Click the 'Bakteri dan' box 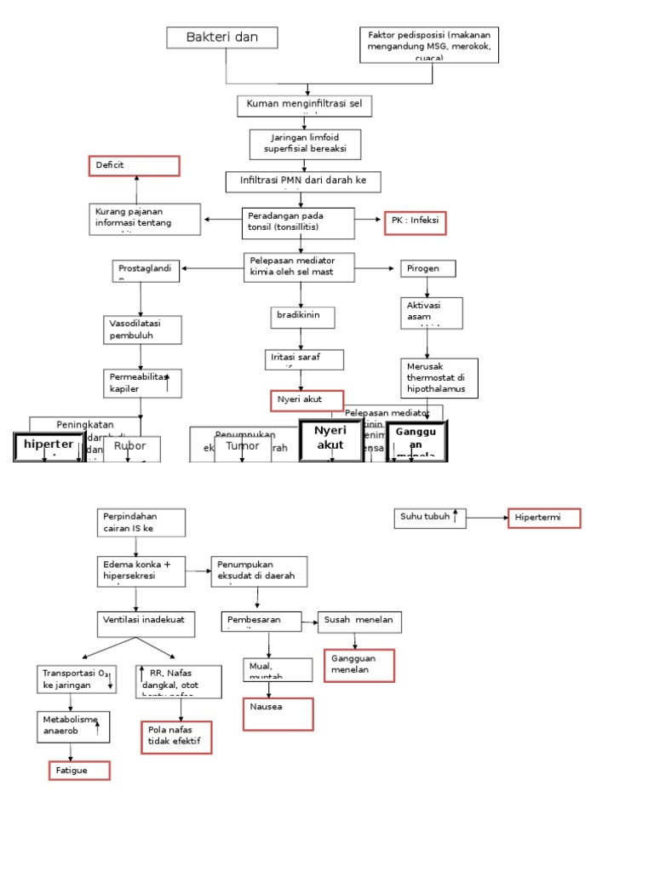pyautogui.click(x=223, y=37)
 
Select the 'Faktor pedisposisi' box pyautogui.click(x=429, y=44)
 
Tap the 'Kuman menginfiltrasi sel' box pyautogui.click(x=304, y=106)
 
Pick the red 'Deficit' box pyautogui.click(x=135, y=166)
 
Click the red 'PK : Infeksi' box pyautogui.click(x=415, y=223)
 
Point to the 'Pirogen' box pyautogui.click(x=427, y=268)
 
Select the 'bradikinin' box pyautogui.click(x=302, y=317)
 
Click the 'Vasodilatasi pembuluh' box pyautogui.click(x=143, y=330)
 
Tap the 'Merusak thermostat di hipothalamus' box pyautogui.click(x=439, y=377)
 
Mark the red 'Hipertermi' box pyautogui.click(x=544, y=518)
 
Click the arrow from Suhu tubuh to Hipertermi pyautogui.click(x=487, y=518)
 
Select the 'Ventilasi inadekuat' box pyautogui.click(x=146, y=623)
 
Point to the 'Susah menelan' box pyautogui.click(x=359, y=622)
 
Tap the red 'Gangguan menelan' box pyautogui.click(x=359, y=665)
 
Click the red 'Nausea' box pyautogui.click(x=278, y=714)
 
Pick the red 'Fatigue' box pyautogui.click(x=79, y=771)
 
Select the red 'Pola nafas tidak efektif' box pyautogui.click(x=175, y=737)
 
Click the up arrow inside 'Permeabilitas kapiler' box pyautogui.click(x=168, y=382)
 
